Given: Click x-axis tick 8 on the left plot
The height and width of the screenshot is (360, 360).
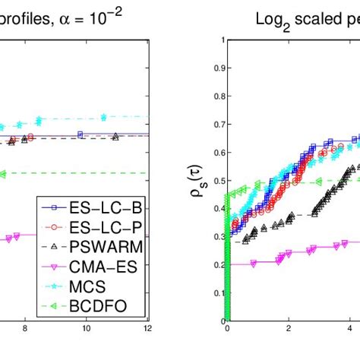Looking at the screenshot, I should [x=25, y=329].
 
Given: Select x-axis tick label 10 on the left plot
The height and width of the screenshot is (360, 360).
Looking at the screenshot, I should [x=86, y=329].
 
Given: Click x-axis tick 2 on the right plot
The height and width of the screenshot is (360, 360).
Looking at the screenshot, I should [x=289, y=329].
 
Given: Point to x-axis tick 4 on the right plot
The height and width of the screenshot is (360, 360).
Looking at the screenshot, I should [x=350, y=329].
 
